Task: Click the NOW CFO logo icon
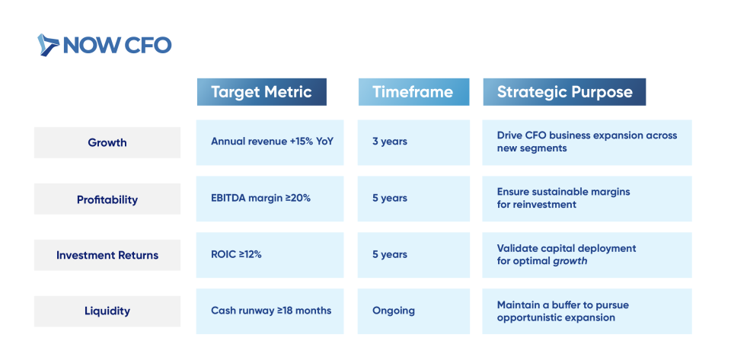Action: [48, 45]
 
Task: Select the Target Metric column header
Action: [261, 92]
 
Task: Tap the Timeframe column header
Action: [413, 92]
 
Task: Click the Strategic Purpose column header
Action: [564, 92]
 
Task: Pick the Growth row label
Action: [107, 142]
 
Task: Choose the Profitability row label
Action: [107, 199]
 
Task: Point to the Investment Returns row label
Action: [107, 255]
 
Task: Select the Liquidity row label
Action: [107, 311]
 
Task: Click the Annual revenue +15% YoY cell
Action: [270, 142]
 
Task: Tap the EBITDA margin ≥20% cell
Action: [270, 199]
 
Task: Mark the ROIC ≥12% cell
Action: [270, 255]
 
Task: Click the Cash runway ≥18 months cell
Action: [270, 311]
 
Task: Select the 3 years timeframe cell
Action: [413, 142]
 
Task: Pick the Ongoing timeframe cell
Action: [413, 311]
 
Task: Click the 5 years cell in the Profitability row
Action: [413, 199]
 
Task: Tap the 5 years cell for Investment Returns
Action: [413, 255]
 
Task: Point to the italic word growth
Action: [570, 261]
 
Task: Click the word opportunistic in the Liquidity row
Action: [531, 318]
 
